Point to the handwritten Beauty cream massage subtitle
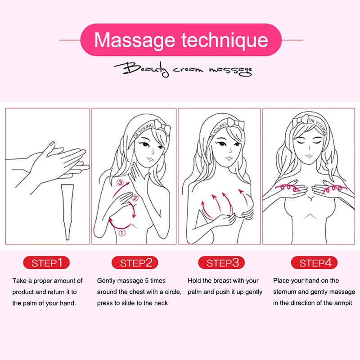tap(183, 70)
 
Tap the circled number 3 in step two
tap(120, 183)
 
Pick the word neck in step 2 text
tap(161, 303)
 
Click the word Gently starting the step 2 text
tap(107, 281)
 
